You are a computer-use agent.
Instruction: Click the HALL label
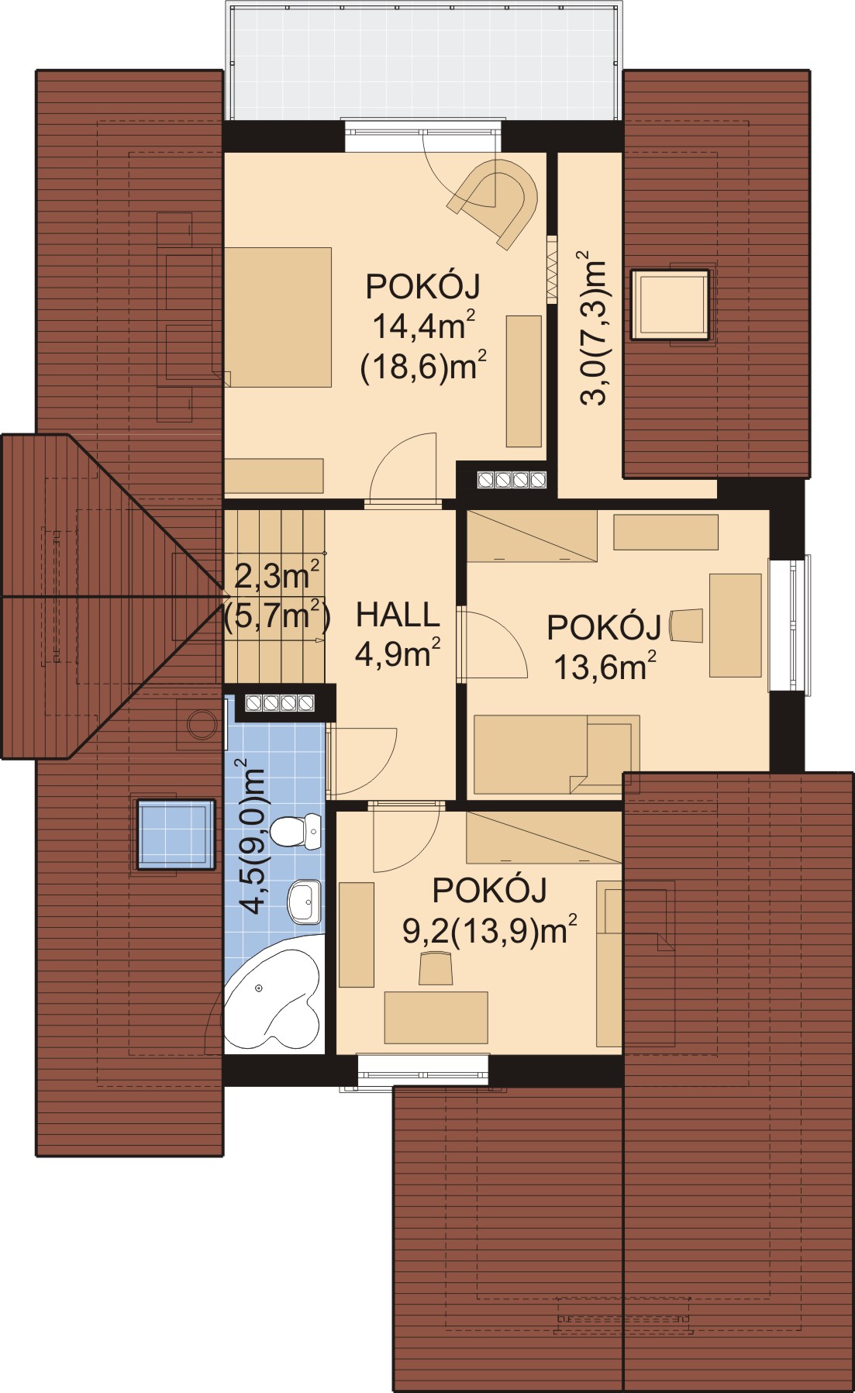(x=398, y=615)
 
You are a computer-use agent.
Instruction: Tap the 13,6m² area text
(x=605, y=666)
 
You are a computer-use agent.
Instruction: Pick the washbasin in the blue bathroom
(x=305, y=902)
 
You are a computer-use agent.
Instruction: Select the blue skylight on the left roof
(x=176, y=834)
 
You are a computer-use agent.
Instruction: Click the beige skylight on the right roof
(x=670, y=304)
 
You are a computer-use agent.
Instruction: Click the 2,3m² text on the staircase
(x=277, y=576)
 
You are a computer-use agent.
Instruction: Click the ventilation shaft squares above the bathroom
(x=280, y=703)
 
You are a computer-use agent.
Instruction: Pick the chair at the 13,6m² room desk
(x=687, y=626)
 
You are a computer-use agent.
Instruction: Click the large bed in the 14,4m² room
(x=278, y=317)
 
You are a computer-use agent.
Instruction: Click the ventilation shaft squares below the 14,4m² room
(x=512, y=480)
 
